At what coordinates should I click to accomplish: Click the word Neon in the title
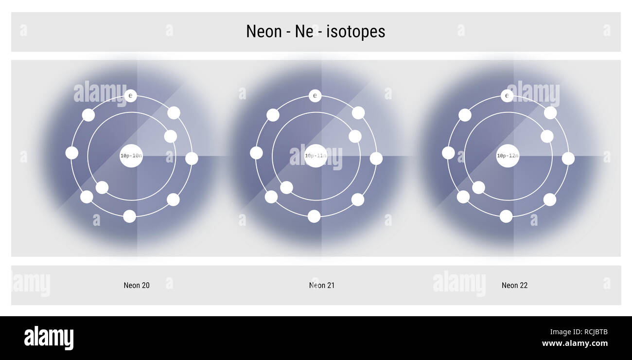(263, 32)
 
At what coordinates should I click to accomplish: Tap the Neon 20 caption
(137, 286)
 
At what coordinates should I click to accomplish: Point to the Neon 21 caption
(322, 286)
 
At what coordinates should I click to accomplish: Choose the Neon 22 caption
(514, 286)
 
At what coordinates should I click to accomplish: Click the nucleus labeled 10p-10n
(131, 156)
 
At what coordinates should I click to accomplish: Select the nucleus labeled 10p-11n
(316, 156)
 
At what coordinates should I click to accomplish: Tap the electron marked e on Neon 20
(130, 96)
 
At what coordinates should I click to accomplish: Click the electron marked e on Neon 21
(315, 96)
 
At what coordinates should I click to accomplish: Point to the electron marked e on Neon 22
(507, 96)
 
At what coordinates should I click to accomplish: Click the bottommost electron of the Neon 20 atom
(129, 216)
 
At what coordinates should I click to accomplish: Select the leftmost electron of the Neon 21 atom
(256, 153)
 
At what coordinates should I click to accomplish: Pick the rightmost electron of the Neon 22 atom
(568, 159)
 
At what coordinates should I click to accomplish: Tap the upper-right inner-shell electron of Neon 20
(170, 136)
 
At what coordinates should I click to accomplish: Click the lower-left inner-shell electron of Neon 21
(286, 187)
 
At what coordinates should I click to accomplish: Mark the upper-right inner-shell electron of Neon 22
(547, 136)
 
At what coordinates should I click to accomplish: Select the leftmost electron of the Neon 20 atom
(72, 153)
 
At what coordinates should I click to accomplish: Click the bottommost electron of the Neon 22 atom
(506, 216)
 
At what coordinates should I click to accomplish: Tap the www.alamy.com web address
(575, 343)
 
